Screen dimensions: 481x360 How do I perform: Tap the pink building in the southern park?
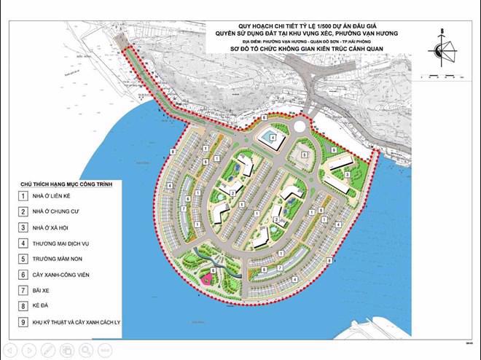coord(207,279)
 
